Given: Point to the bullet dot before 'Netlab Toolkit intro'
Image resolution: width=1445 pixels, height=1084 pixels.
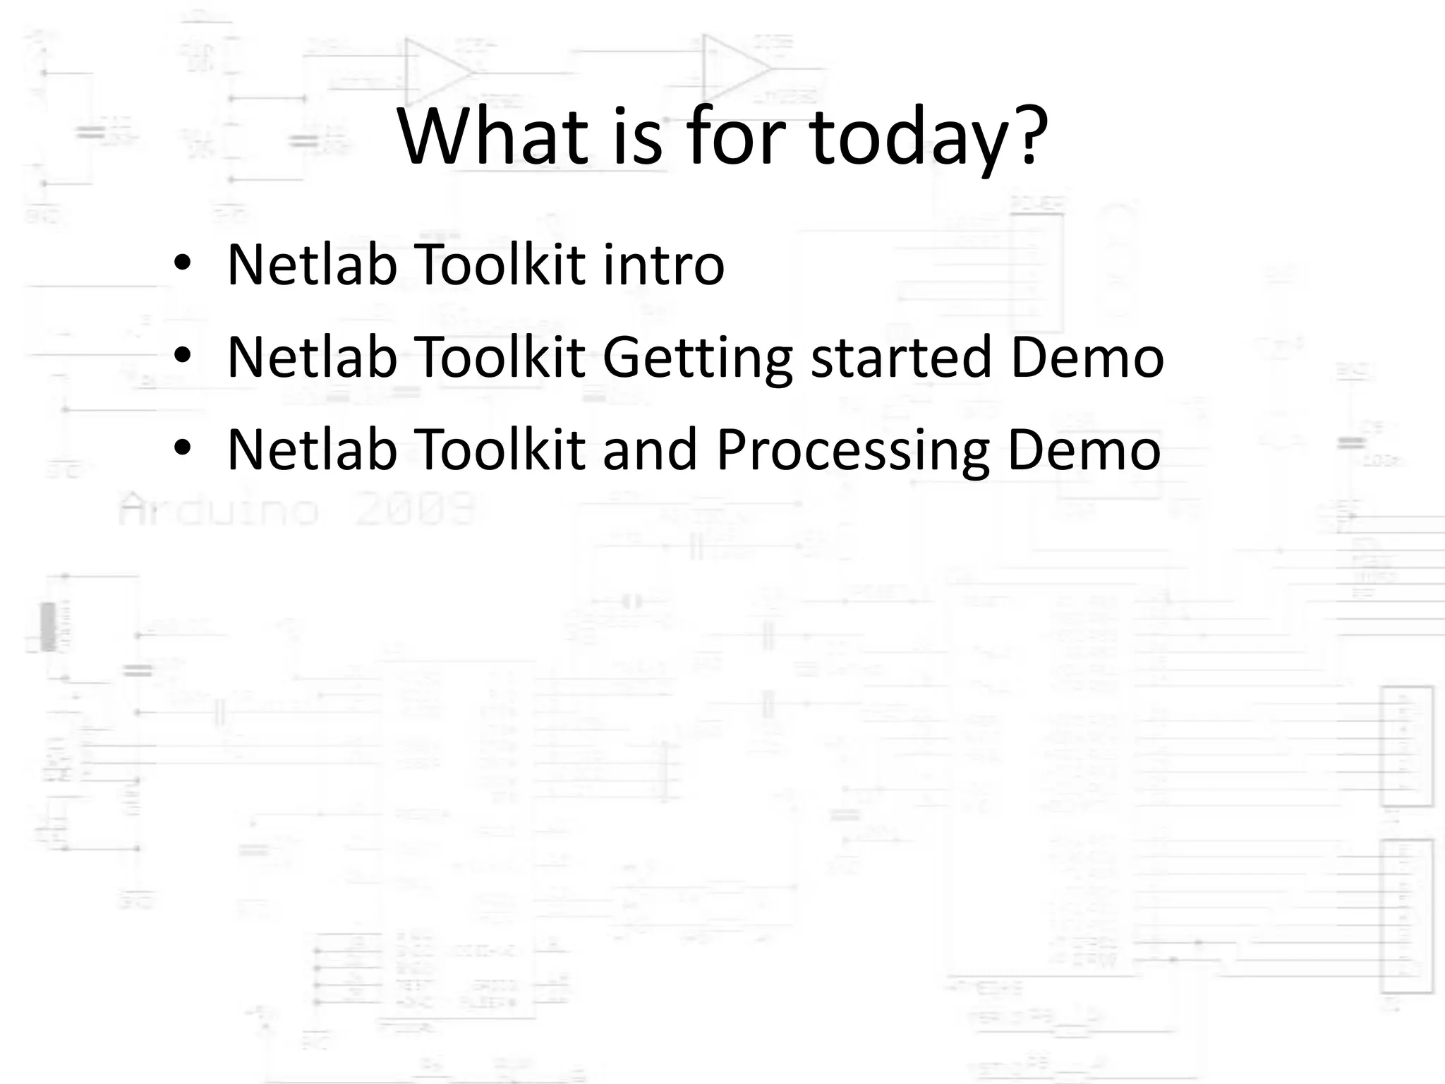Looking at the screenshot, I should pos(182,265).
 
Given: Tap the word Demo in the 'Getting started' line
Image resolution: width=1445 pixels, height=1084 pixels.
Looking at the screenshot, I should pos(1087,357).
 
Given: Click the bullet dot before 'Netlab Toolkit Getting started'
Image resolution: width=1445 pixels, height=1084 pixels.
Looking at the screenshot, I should pos(182,357).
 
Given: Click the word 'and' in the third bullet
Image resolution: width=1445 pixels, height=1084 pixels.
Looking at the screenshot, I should pos(650,450).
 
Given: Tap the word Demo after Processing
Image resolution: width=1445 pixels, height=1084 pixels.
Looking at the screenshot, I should pos(1084,450).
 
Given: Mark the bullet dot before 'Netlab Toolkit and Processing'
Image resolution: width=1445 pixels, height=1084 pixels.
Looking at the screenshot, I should pos(182,450).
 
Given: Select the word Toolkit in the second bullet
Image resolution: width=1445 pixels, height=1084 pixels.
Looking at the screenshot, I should pos(502,357).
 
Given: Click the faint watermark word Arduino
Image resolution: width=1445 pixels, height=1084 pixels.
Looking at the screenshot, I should pos(219,510).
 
